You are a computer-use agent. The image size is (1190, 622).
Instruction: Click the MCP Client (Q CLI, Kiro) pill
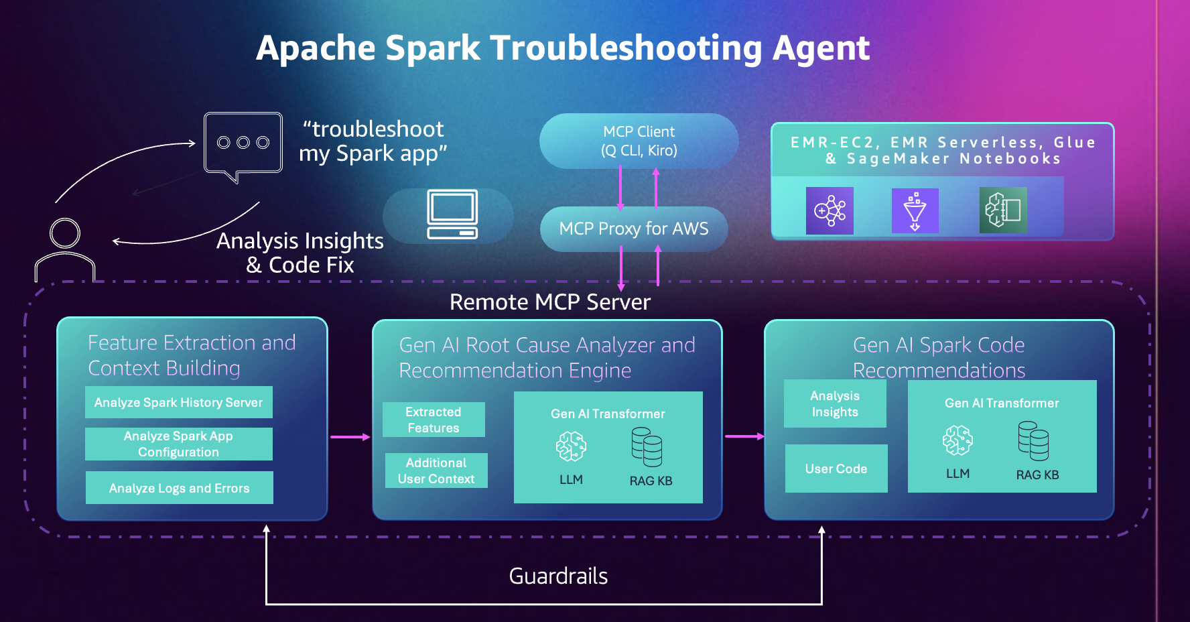coord(639,141)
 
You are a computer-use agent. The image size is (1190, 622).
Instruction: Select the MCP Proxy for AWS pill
coord(633,229)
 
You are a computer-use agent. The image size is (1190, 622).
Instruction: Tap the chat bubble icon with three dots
coord(243,143)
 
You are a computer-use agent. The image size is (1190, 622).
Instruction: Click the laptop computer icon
coord(452,214)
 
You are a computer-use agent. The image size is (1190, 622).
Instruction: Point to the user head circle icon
coord(65,233)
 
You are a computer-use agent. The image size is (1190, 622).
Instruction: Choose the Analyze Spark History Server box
coord(178,402)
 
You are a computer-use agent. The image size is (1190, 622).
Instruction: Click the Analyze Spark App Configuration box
coord(178,444)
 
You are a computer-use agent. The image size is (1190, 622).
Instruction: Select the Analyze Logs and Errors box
coord(179,488)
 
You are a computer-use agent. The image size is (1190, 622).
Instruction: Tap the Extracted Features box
coord(434,420)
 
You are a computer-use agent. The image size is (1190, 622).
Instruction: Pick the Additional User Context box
coord(436,471)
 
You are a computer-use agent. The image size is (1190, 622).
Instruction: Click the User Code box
coord(836,469)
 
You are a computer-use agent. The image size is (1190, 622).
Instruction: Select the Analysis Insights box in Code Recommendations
coord(835,403)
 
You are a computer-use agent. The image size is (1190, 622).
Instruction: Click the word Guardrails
coord(558,576)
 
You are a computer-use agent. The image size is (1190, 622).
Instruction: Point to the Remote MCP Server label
coord(549,302)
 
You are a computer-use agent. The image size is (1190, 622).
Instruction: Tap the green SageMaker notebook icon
coord(1003,210)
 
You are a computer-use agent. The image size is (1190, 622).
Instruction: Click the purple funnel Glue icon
coord(915,210)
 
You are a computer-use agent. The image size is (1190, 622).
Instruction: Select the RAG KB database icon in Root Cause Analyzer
coord(647,447)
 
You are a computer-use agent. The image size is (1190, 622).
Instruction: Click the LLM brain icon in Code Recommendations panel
coord(957,440)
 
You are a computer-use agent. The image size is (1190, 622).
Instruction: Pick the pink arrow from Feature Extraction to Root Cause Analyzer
coord(350,437)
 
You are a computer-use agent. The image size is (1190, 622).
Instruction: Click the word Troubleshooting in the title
coord(626,48)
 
